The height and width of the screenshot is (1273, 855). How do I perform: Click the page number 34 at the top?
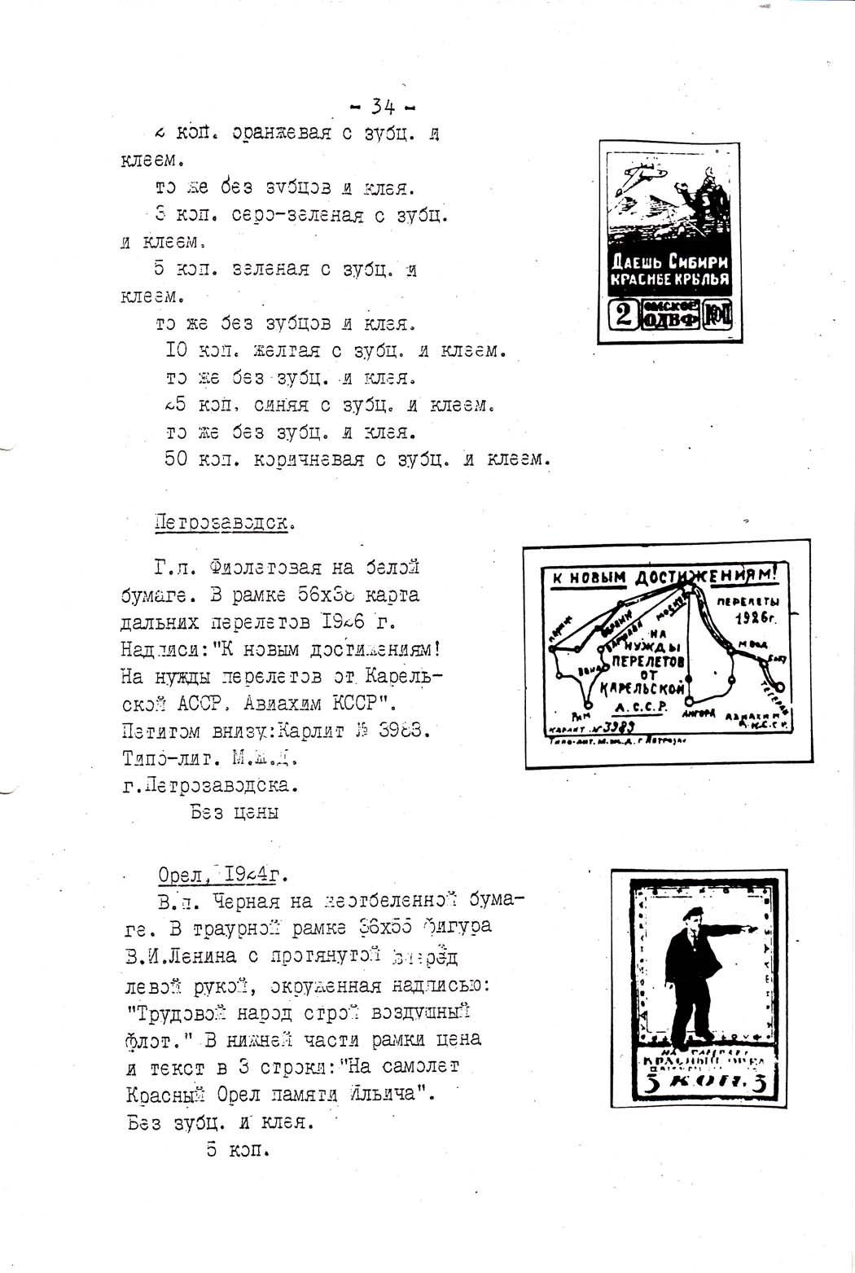pos(383,106)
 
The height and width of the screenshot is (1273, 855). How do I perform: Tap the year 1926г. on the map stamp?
pos(756,617)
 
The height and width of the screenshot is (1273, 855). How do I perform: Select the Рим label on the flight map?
pos(580,717)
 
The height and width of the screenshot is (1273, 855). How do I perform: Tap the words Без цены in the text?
pos(235,812)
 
